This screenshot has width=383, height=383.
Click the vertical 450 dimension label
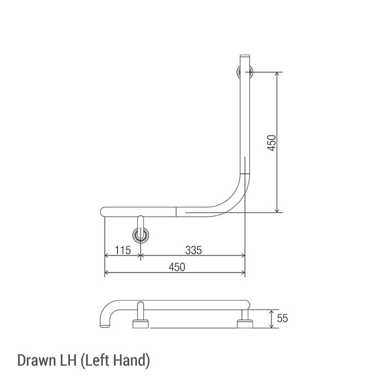(271, 143)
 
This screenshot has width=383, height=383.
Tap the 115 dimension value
(123, 251)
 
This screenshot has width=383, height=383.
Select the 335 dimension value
(194, 251)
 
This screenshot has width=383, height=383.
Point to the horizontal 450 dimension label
(177, 267)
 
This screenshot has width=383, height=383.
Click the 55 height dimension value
(282, 318)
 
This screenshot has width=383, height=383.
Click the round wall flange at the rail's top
(245, 72)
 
